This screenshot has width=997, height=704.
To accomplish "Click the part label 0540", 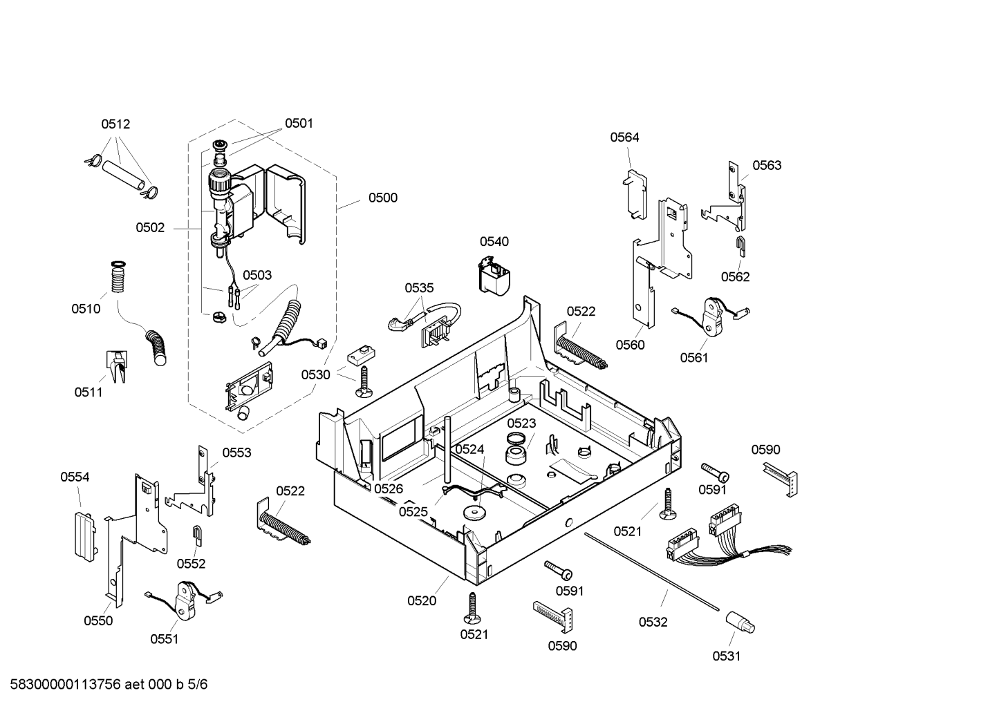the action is (x=494, y=242).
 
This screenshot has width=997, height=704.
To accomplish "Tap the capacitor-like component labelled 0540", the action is (x=494, y=276).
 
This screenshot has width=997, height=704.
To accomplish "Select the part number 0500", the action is (x=383, y=198).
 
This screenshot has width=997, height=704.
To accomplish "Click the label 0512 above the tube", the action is (x=115, y=124).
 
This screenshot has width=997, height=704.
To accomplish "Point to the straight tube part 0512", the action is (x=124, y=175).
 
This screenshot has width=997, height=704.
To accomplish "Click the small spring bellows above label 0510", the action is (x=118, y=276).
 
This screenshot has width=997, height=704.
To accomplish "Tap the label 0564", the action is (x=624, y=137).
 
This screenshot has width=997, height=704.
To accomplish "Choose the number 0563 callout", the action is (x=767, y=165).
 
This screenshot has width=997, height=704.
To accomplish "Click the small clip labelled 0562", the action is (x=740, y=247).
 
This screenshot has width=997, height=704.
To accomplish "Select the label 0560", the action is (x=631, y=345).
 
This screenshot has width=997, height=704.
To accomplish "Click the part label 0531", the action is (x=727, y=656).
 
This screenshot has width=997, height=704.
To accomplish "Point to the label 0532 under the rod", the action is (x=653, y=622).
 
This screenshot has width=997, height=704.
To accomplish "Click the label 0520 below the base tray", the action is (x=422, y=601).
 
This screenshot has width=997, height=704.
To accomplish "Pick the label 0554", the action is (x=75, y=477).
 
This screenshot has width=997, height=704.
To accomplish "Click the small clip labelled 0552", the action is (x=196, y=536).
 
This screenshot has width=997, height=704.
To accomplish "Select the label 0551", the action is (x=165, y=639).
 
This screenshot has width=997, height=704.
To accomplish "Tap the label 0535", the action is (x=419, y=288).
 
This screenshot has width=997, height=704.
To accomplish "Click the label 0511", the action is (x=88, y=392).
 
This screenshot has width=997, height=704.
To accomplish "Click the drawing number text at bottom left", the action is (x=109, y=685).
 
